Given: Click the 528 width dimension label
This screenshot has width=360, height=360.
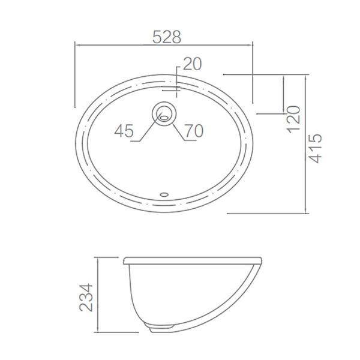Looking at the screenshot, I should [x=166, y=37].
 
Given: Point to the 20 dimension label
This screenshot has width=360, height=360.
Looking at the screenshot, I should [x=193, y=64].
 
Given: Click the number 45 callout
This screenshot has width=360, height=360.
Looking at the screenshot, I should [x=124, y=130].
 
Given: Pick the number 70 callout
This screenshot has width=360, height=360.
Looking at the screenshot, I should [x=194, y=130].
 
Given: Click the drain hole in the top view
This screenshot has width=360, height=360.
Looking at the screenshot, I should [x=164, y=113].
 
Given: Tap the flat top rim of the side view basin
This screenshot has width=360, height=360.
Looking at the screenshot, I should [x=192, y=259].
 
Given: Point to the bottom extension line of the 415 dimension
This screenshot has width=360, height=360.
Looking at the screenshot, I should [x=270, y=212].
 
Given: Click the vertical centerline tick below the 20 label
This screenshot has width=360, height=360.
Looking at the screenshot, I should [x=178, y=84].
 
